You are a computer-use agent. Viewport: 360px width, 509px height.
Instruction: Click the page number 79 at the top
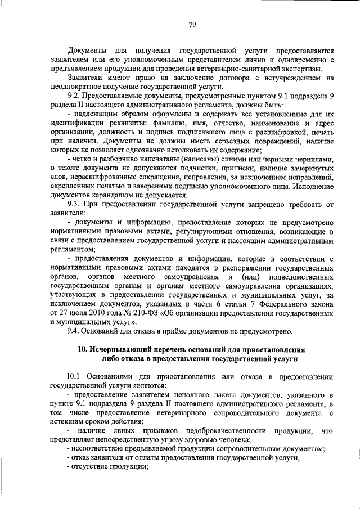pos(192,24)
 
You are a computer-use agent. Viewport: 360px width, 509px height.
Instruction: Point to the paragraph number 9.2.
pos(76,96)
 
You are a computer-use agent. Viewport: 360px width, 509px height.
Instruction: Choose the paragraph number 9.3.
pos(76,204)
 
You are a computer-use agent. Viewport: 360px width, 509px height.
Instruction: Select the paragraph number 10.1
pos(75,376)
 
